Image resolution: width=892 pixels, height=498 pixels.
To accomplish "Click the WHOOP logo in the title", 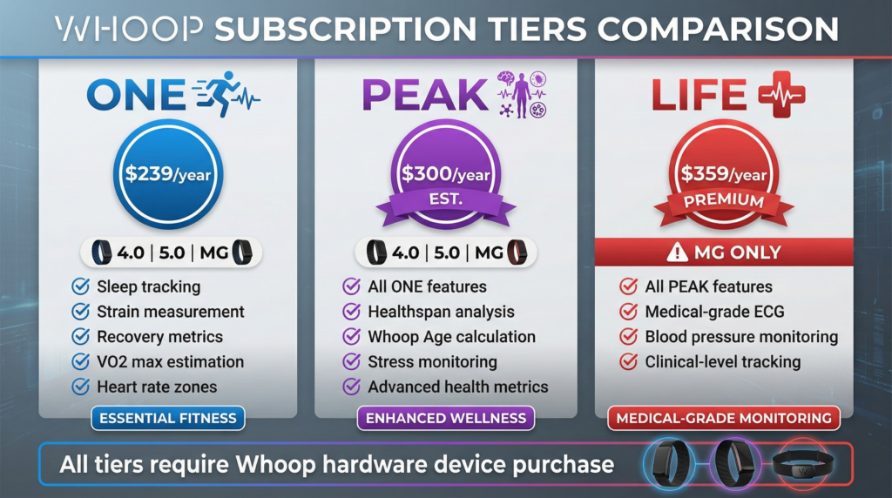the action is point(129,29).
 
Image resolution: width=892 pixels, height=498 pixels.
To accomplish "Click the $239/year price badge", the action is point(168,174).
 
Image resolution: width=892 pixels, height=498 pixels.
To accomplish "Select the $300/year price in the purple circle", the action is point(445,174).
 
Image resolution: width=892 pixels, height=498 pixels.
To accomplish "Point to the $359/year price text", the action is point(724,174).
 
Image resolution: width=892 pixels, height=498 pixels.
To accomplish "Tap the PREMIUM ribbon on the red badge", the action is point(724,201).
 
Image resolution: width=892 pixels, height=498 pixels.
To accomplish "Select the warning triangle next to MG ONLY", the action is point(677,252).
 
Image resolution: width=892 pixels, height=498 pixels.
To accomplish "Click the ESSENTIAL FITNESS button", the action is point(168,419).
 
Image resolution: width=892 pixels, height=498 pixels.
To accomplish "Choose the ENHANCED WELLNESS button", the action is point(445,419).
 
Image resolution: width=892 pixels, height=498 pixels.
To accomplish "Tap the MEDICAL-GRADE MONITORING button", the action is point(724,419).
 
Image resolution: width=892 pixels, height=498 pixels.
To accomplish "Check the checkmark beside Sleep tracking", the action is point(81,286).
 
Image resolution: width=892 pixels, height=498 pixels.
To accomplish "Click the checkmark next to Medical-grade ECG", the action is point(629,312).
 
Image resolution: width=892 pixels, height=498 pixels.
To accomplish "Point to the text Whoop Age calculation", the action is point(452,337).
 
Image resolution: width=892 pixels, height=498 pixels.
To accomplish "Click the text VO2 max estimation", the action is point(170,361).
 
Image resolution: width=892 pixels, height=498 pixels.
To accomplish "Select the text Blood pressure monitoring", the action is point(741,337).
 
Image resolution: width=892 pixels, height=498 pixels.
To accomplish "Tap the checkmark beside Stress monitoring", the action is point(352,361).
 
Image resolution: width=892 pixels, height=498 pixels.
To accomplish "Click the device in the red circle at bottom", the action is point(802,464).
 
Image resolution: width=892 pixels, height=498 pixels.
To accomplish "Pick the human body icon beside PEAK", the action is point(520,94).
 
